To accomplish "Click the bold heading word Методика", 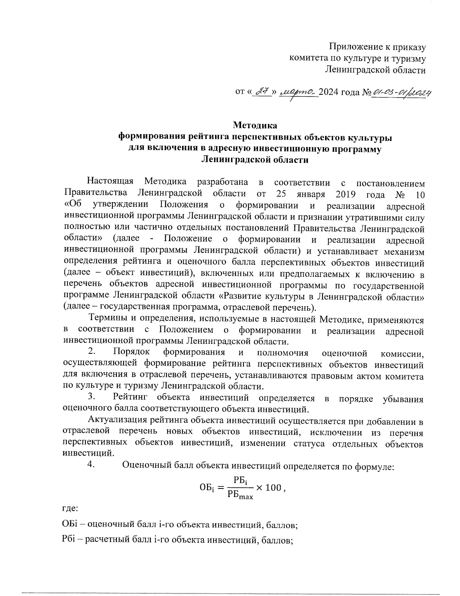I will pos(255,125).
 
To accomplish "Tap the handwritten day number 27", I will pos(262,92).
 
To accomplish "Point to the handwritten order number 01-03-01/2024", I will pos(401,92).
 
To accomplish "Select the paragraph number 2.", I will pos(91,352).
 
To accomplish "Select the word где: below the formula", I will pos(70,509).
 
